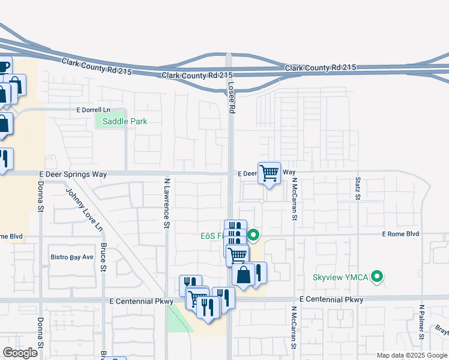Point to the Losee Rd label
tap(231, 98)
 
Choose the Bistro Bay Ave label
tap(71, 257)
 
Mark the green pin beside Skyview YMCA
tap(377, 277)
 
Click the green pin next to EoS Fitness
tap(253, 235)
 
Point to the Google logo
tap(20, 353)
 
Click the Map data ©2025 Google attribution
tap(412, 355)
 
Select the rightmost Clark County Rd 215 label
tap(321, 68)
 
